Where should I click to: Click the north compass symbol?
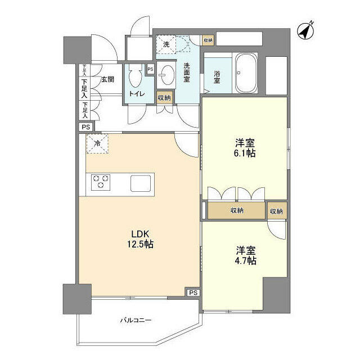(x=305, y=31)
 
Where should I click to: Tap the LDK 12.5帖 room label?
(x=140, y=239)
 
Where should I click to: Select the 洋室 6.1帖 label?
(x=245, y=148)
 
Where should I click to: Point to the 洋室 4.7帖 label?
(x=246, y=255)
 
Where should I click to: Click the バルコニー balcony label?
(x=136, y=320)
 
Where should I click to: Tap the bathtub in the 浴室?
(x=245, y=73)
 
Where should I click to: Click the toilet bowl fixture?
(x=136, y=76)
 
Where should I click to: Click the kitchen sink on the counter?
(x=141, y=183)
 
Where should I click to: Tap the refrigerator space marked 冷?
(x=97, y=143)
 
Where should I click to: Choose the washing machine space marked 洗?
(x=166, y=44)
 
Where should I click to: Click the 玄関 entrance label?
(x=107, y=80)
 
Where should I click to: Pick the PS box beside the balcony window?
(x=193, y=292)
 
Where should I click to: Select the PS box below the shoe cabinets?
(x=86, y=127)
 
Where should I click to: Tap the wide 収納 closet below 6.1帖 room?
(x=236, y=210)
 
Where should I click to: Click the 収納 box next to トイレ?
(x=164, y=97)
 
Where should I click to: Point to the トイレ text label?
(x=137, y=93)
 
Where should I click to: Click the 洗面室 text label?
(x=186, y=73)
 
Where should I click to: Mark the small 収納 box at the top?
(x=208, y=40)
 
